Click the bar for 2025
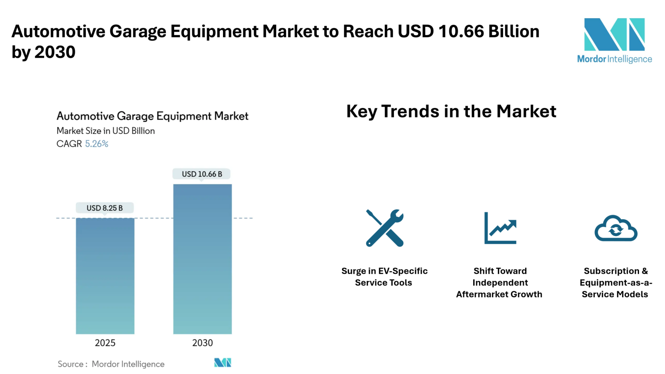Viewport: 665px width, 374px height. pyautogui.click(x=105, y=276)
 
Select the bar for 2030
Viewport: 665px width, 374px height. pyautogui.click(x=203, y=259)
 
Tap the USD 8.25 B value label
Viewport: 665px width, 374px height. pyautogui.click(x=104, y=208)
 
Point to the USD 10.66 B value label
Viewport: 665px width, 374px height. pyautogui.click(x=202, y=174)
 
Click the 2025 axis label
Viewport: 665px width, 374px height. pyautogui.click(x=105, y=343)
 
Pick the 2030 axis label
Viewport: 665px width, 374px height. pyautogui.click(x=203, y=343)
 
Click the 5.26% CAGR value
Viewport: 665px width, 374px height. pyautogui.click(x=97, y=144)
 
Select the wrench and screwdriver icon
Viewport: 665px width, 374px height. pyautogui.click(x=385, y=228)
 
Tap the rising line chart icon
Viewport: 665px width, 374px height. pyautogui.click(x=500, y=228)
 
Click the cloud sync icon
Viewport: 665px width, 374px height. pyautogui.click(x=616, y=228)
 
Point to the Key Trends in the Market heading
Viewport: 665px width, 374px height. pyautogui.click(x=451, y=111)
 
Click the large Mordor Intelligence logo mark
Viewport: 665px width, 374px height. pyautogui.click(x=614, y=35)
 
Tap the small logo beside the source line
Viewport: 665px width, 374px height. pyautogui.click(x=223, y=362)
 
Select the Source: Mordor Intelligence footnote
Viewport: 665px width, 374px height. pyautogui.click(x=111, y=364)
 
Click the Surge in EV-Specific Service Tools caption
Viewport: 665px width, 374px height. pyautogui.click(x=384, y=276)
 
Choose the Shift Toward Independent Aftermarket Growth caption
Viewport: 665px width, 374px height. pyautogui.click(x=499, y=283)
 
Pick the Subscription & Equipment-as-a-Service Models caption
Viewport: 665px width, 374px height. pyautogui.click(x=616, y=283)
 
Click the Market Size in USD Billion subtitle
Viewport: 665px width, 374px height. pyautogui.click(x=106, y=131)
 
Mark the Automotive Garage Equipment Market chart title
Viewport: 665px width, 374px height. pyautogui.click(x=152, y=116)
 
